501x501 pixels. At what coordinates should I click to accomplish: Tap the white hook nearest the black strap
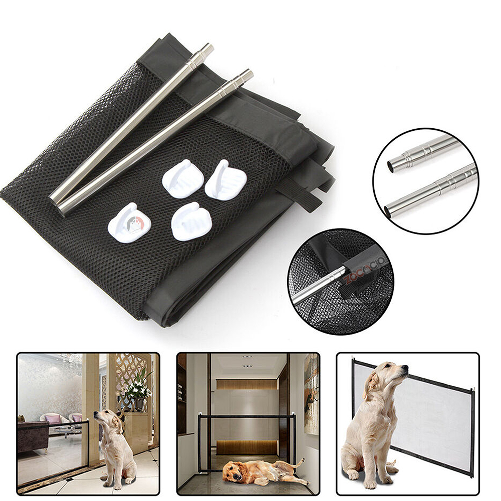tap(225, 180)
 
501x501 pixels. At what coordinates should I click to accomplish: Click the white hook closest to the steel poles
tap(182, 178)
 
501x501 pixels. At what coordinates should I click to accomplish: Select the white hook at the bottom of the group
tap(191, 221)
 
